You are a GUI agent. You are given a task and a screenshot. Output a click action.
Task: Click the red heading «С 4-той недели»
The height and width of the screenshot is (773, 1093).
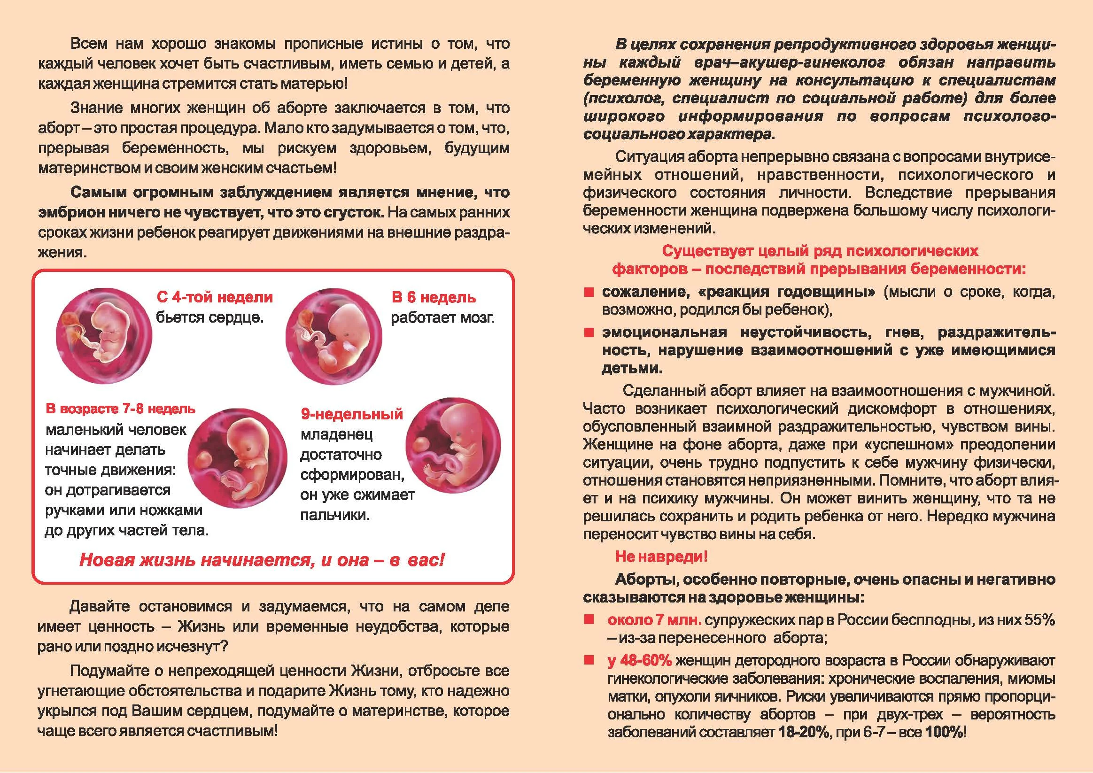click(214, 297)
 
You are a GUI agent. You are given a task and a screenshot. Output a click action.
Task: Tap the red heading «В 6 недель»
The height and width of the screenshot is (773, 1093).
click(433, 298)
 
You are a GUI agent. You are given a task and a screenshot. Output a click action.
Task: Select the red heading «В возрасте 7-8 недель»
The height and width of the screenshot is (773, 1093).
click(120, 409)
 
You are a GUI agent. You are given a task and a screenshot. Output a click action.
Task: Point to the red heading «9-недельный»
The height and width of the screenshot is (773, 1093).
click(352, 414)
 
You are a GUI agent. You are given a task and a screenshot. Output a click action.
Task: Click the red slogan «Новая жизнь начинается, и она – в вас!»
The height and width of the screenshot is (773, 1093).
click(261, 560)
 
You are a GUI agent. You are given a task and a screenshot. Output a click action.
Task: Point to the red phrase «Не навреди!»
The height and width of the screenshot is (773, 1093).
click(661, 557)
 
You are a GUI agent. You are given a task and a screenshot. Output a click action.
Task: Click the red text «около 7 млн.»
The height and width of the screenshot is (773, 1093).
click(654, 620)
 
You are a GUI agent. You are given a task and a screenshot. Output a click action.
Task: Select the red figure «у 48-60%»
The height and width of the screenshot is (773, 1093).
click(639, 661)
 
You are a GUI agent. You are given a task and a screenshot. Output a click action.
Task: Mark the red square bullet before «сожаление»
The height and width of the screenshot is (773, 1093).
click(589, 292)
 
